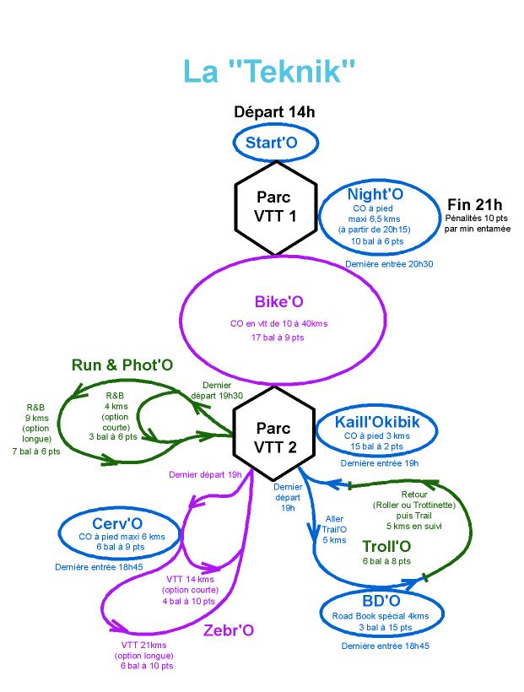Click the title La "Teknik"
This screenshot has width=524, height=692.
[266, 72]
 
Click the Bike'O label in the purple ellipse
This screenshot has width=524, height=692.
[278, 302]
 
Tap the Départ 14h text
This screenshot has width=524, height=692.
[274, 112]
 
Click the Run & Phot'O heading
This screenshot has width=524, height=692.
[122, 365]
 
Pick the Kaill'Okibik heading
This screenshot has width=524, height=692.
[377, 422]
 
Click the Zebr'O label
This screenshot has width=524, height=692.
[226, 630]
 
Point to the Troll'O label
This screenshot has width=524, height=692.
[386, 544]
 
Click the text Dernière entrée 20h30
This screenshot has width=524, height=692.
[390, 264]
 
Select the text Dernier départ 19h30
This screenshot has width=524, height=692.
[218, 390]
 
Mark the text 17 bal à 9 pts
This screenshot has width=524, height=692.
[278, 337]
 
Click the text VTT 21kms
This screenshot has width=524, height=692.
[145, 645]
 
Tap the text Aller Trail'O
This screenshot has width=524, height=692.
[334, 524]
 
